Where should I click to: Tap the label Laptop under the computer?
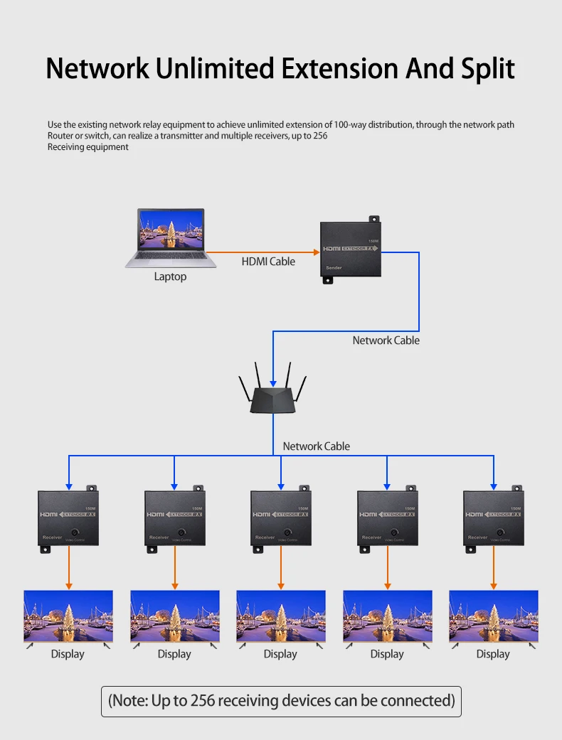click(170, 277)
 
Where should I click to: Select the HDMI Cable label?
click(268, 262)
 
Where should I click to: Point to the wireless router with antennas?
click(273, 392)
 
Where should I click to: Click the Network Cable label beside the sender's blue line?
click(386, 340)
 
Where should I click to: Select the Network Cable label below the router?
click(316, 446)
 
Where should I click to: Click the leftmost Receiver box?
click(68, 519)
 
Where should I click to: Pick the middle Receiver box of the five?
click(280, 519)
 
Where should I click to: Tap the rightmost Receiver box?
click(493, 519)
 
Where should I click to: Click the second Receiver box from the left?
click(175, 519)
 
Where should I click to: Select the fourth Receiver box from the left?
click(386, 519)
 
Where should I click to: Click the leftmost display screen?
click(68, 616)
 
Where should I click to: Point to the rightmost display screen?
click(493, 616)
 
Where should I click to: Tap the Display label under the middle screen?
click(280, 654)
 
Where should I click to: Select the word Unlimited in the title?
click(216, 68)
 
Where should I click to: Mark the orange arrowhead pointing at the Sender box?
click(316, 252)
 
